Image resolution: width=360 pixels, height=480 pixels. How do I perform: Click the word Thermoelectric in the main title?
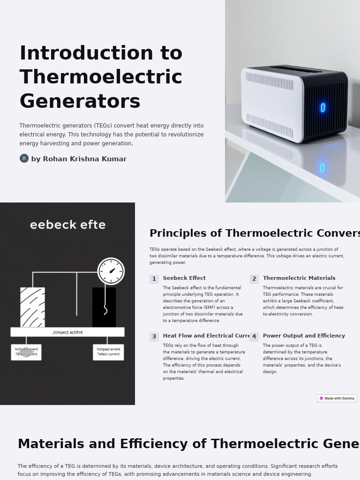(x=101, y=77)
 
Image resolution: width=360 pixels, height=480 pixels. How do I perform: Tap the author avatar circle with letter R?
(x=24, y=158)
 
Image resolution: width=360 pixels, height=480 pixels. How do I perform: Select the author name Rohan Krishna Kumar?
(x=79, y=159)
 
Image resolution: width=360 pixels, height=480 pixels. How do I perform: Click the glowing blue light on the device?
(x=323, y=108)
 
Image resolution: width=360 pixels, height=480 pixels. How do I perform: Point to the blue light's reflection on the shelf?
(x=322, y=168)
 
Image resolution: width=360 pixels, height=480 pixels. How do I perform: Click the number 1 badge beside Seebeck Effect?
(x=154, y=279)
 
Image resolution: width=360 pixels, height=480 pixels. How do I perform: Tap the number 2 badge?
(x=254, y=279)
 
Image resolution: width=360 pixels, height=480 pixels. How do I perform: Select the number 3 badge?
(x=154, y=337)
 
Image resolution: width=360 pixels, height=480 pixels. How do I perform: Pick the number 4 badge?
(x=254, y=337)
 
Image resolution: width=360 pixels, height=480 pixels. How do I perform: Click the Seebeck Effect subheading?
(x=184, y=278)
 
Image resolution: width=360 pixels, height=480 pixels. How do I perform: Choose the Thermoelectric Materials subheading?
(x=299, y=278)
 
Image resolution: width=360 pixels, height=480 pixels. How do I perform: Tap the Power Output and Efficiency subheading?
(x=304, y=336)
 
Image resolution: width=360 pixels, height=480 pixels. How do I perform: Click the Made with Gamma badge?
(x=337, y=398)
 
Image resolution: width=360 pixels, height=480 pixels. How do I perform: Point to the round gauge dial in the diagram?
(x=111, y=271)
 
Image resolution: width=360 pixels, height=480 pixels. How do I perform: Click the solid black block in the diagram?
(x=104, y=307)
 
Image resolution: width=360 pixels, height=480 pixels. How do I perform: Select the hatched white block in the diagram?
(x=32, y=307)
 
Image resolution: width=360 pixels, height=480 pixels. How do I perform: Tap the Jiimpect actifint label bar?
(x=67, y=332)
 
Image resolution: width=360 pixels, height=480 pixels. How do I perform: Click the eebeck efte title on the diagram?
(x=68, y=225)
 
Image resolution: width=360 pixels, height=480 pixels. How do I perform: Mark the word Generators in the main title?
(x=80, y=101)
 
